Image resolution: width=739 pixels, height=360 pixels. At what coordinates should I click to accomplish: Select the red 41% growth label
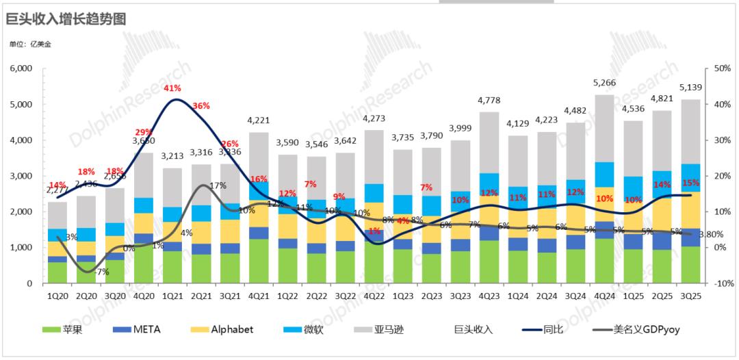(172, 88)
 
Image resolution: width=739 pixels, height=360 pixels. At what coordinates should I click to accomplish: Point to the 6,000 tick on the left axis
(23, 69)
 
